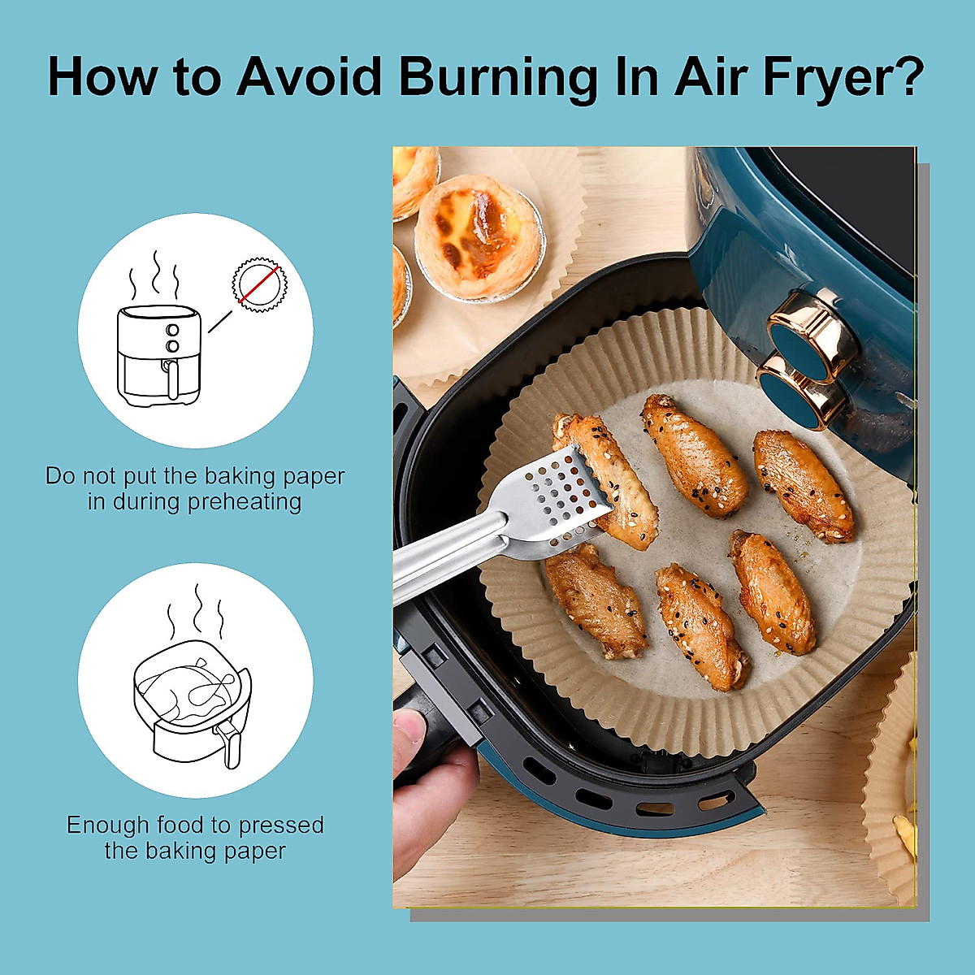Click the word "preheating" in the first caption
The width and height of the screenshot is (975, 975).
pyautogui.click(x=245, y=502)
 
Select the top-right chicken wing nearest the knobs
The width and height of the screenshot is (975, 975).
pyautogui.click(x=803, y=484)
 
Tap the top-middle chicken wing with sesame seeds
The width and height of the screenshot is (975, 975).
pyautogui.click(x=695, y=455)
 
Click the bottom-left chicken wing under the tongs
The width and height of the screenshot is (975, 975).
pyautogui.click(x=596, y=599)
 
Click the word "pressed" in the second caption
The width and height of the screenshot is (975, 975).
pyautogui.click(x=281, y=825)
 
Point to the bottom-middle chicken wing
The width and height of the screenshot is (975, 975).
pyautogui.click(x=700, y=626)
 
